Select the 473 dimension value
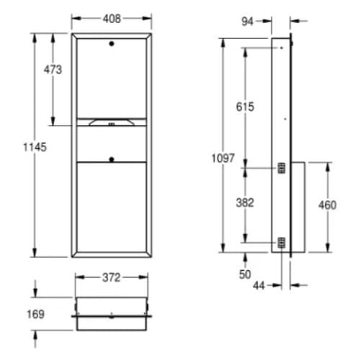coord(53,70)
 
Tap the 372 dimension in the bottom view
coord(110,277)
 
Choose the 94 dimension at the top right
coord(247,21)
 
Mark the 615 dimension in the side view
coord(245,107)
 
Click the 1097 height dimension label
coord(224,158)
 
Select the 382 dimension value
coord(245,202)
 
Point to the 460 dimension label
coord(328,205)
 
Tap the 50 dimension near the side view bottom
coord(245,275)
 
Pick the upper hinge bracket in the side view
coord(282,168)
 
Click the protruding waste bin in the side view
coord(298,207)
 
